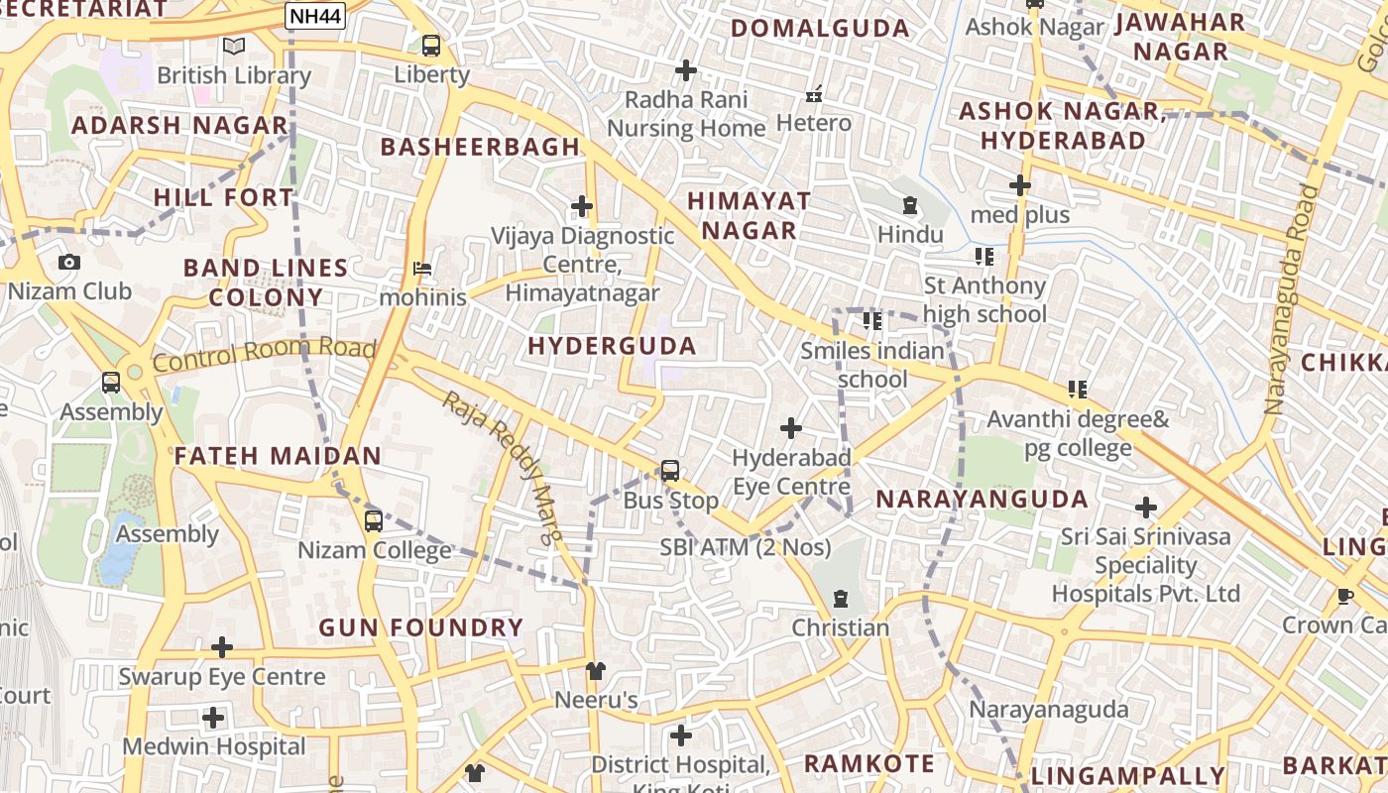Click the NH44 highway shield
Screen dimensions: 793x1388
[x=315, y=15]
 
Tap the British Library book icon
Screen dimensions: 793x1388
[x=234, y=46]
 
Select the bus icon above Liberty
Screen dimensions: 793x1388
[x=431, y=45]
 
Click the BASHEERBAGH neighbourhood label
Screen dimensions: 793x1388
[x=481, y=147]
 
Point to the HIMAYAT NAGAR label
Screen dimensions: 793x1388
[x=750, y=215]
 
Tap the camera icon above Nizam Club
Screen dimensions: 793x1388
[x=69, y=263]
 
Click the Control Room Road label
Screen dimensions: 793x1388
[x=265, y=354]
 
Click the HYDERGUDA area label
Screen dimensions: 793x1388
[x=612, y=346]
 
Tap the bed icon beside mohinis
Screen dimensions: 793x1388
[x=422, y=269]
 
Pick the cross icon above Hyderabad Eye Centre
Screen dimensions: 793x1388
[x=791, y=428]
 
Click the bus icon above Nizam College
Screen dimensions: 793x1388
[x=374, y=520]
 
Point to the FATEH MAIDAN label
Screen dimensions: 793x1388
[x=278, y=456]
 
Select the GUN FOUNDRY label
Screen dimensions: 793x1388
[x=420, y=627]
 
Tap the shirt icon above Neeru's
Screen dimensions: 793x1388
[x=595, y=671]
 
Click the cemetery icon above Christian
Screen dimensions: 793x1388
[x=841, y=599]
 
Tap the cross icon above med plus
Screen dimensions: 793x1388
[x=1020, y=185]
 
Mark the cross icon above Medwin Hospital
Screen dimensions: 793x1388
[x=213, y=718]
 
